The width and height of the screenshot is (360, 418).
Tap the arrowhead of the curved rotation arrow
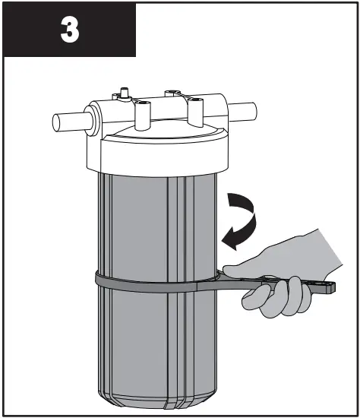(225, 242)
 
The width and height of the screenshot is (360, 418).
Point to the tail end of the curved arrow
(229, 198)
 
